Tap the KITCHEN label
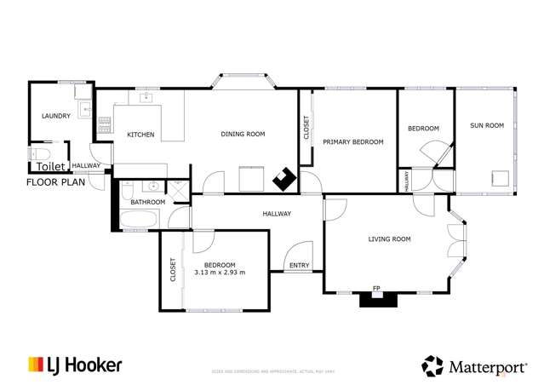[140, 135]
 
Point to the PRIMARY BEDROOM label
[352, 142]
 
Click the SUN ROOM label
[487, 125]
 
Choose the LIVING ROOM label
[389, 239]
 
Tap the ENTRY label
[299, 266]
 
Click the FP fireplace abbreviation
[376, 288]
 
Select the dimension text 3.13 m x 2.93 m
[220, 273]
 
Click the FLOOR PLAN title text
[56, 182]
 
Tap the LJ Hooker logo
[75, 365]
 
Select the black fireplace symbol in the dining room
[284, 179]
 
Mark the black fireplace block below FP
[377, 299]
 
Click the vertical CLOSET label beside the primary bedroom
[306, 128]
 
